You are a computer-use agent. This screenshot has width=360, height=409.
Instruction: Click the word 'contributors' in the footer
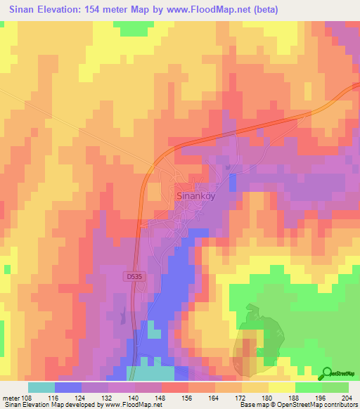(x=339, y=405)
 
